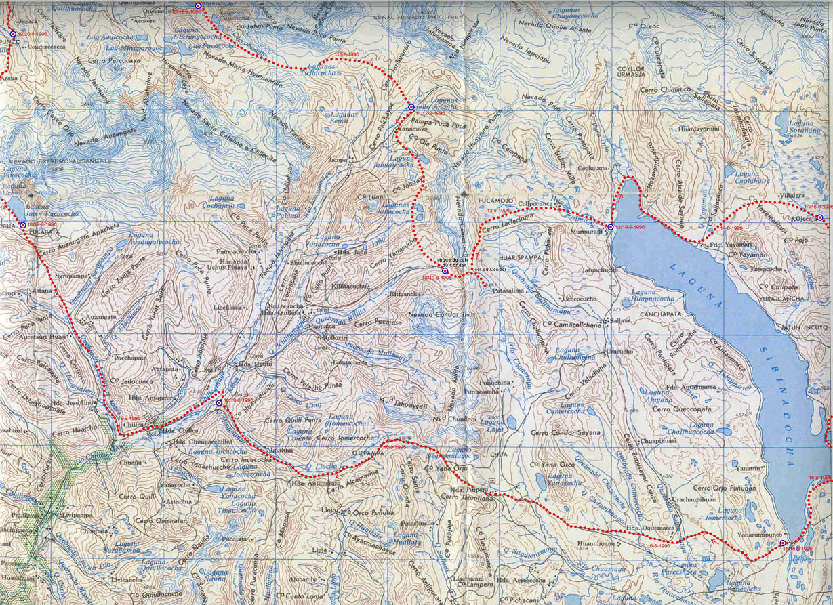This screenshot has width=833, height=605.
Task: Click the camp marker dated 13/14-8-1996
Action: (610, 226)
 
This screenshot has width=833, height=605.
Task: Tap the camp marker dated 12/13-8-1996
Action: (445, 271)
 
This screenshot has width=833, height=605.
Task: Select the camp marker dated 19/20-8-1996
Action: (13, 33)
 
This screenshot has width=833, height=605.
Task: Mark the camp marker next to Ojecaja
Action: (819, 217)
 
